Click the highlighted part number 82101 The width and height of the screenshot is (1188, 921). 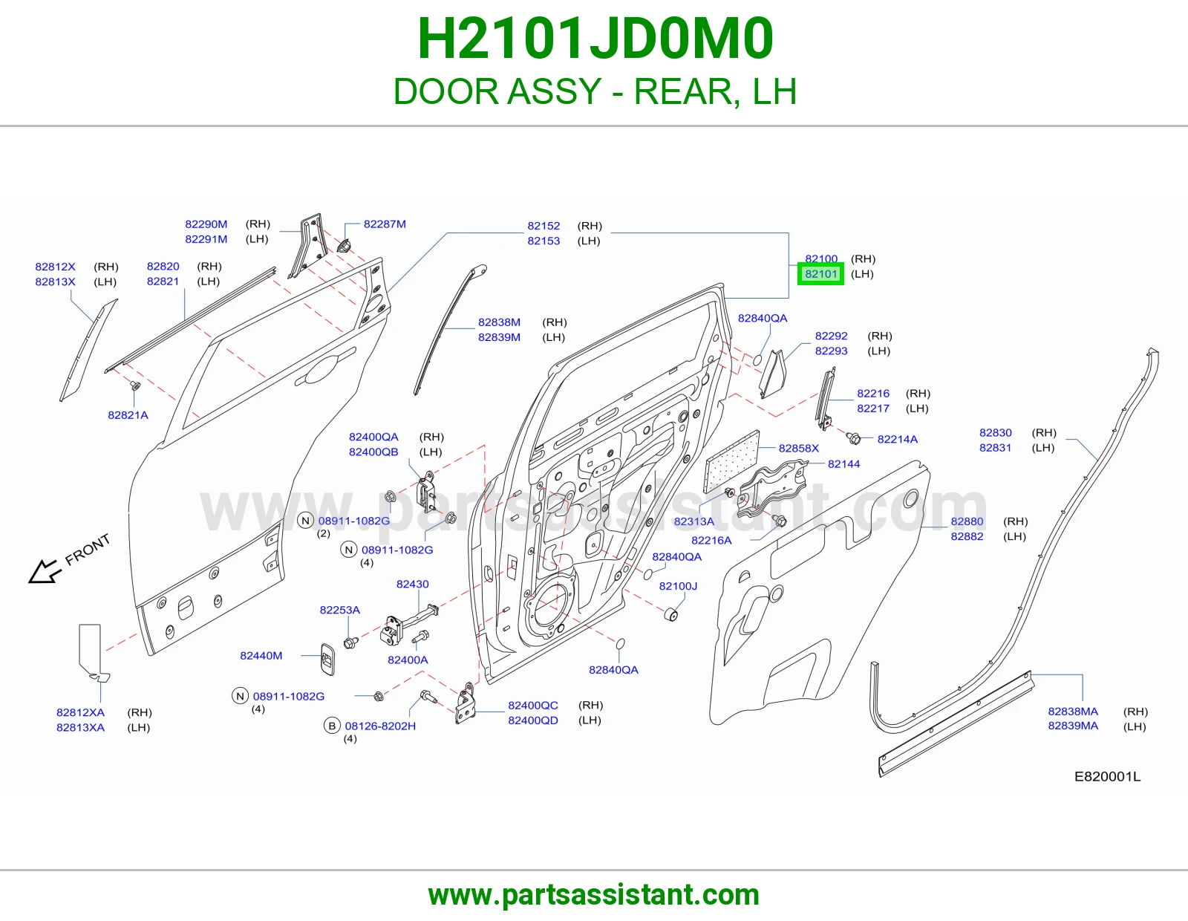coord(820,274)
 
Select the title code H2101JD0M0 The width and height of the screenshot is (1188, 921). coord(595,39)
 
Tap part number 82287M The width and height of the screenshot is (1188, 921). coord(385,224)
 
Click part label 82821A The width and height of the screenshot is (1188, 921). coord(128,415)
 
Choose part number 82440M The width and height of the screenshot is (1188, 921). coord(261,656)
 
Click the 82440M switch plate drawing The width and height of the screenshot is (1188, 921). coord(328,659)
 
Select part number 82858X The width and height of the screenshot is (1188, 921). coord(799,449)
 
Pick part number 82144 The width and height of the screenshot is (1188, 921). coord(843,464)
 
